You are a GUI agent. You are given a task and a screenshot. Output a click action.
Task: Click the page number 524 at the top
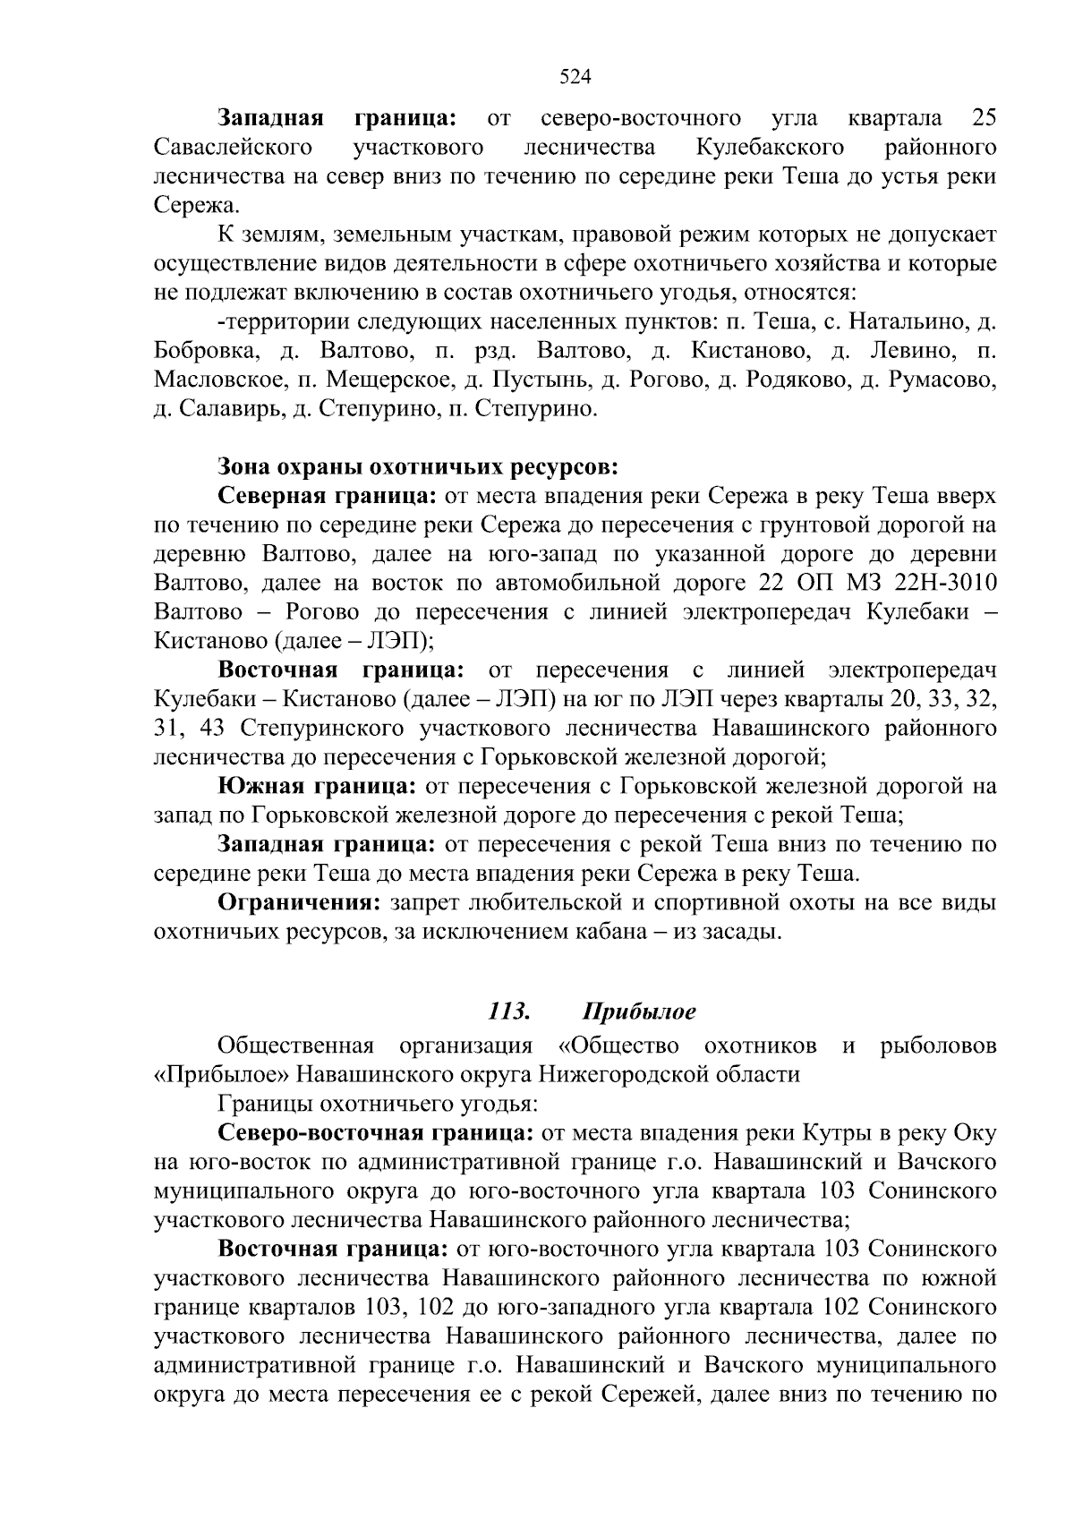click(x=575, y=77)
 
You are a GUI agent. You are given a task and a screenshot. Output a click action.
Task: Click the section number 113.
click(x=509, y=1011)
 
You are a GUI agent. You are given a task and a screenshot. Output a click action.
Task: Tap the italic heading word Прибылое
click(x=639, y=1011)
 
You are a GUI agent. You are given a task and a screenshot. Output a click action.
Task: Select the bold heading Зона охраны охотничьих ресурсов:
click(x=418, y=467)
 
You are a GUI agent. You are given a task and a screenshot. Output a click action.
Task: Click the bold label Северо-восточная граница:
click(x=376, y=1133)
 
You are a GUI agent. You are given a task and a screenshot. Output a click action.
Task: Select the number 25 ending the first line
click(x=983, y=117)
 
